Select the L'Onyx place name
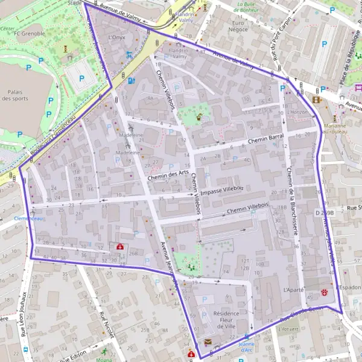(116, 37)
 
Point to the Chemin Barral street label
(266, 138)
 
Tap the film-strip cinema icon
(317, 100)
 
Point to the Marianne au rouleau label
(334, 129)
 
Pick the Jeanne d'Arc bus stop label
(246, 346)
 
